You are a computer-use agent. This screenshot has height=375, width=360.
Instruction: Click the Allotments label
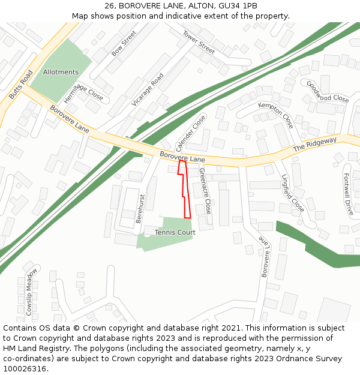click(x=61, y=72)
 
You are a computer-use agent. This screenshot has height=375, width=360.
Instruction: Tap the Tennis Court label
click(x=175, y=232)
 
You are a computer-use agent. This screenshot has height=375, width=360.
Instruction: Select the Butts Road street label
click(x=21, y=85)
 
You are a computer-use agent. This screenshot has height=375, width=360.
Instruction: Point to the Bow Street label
click(x=124, y=43)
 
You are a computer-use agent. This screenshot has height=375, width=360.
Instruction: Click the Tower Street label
click(x=199, y=42)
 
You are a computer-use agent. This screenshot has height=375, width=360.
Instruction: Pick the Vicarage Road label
click(x=148, y=89)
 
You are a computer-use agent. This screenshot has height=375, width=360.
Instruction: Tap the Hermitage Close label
click(x=83, y=92)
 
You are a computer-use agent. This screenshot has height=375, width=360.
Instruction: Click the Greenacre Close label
click(x=205, y=191)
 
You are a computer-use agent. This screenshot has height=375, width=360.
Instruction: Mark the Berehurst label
click(x=140, y=208)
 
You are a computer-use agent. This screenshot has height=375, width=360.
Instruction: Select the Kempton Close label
click(x=275, y=115)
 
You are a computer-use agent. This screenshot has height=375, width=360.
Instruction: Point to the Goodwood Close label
click(x=327, y=91)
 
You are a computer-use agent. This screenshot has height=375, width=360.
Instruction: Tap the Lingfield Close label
click(x=293, y=193)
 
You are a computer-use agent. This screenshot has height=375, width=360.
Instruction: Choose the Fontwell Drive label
click(x=348, y=194)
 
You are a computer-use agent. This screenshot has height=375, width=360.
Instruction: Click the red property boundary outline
click(x=185, y=190)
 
